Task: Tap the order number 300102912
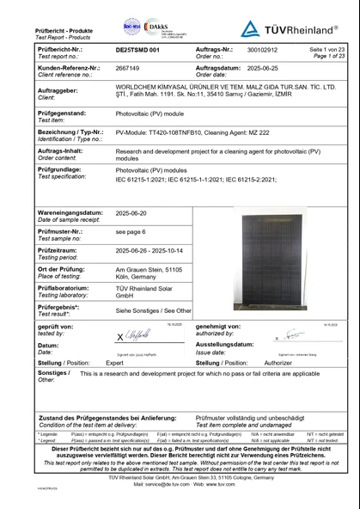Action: [239, 52]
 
